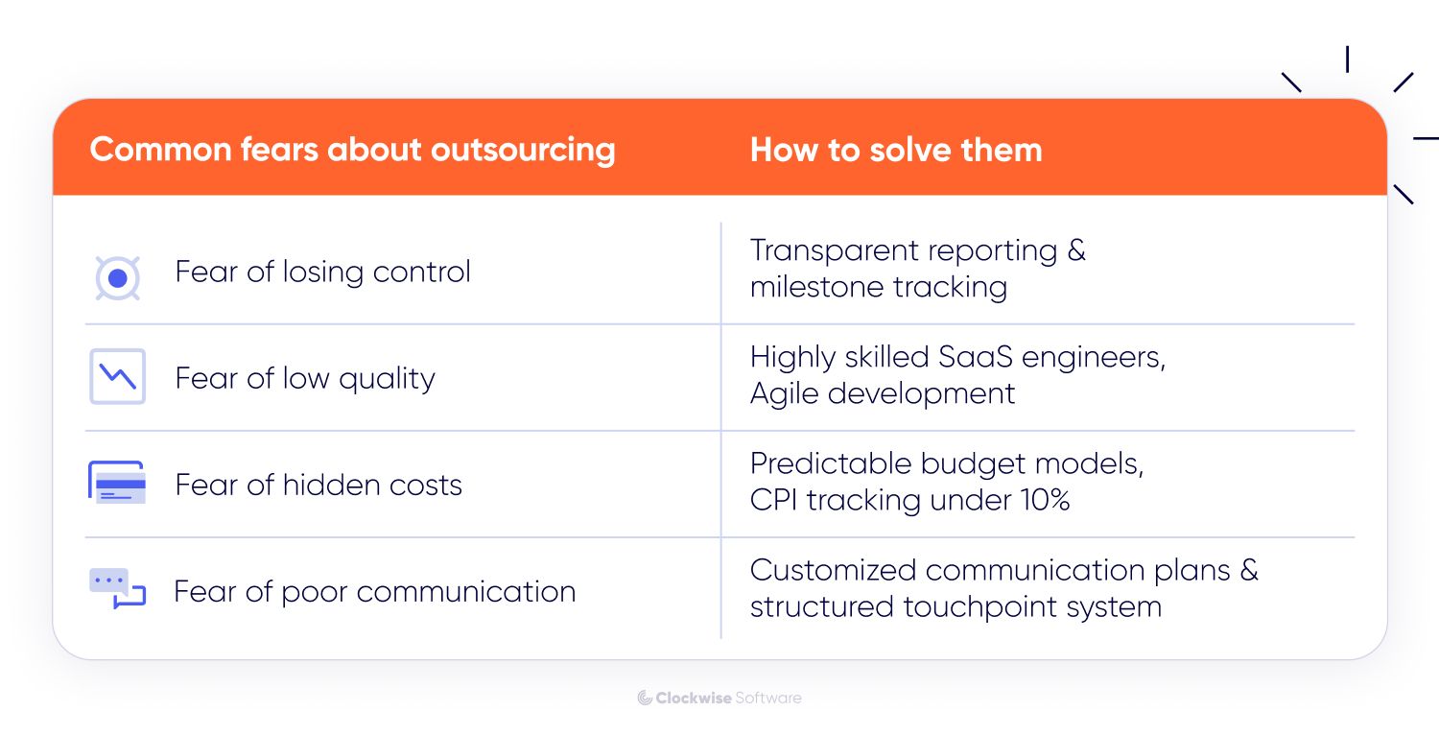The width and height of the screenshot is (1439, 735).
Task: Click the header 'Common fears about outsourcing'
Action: click(x=352, y=150)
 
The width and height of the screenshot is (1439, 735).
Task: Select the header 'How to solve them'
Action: click(x=895, y=150)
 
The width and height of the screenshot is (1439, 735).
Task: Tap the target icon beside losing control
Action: click(x=117, y=278)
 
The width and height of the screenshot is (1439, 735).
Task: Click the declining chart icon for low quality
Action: click(x=117, y=376)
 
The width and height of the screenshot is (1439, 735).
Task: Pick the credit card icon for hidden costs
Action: click(x=117, y=483)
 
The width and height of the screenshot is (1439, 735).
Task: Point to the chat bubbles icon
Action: click(x=117, y=588)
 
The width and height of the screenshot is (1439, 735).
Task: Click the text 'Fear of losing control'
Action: click(x=322, y=272)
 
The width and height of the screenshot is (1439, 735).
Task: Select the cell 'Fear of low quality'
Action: click(x=305, y=378)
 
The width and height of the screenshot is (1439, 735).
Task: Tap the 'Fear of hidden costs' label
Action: click(x=318, y=485)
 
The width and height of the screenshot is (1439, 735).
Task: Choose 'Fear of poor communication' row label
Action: click(x=374, y=591)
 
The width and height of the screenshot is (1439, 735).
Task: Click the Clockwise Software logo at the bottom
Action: click(x=719, y=698)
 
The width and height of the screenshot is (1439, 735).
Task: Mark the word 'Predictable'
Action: click(x=831, y=463)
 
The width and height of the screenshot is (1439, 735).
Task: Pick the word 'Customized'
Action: click(x=834, y=570)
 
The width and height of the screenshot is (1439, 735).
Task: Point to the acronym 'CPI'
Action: click(x=773, y=500)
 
